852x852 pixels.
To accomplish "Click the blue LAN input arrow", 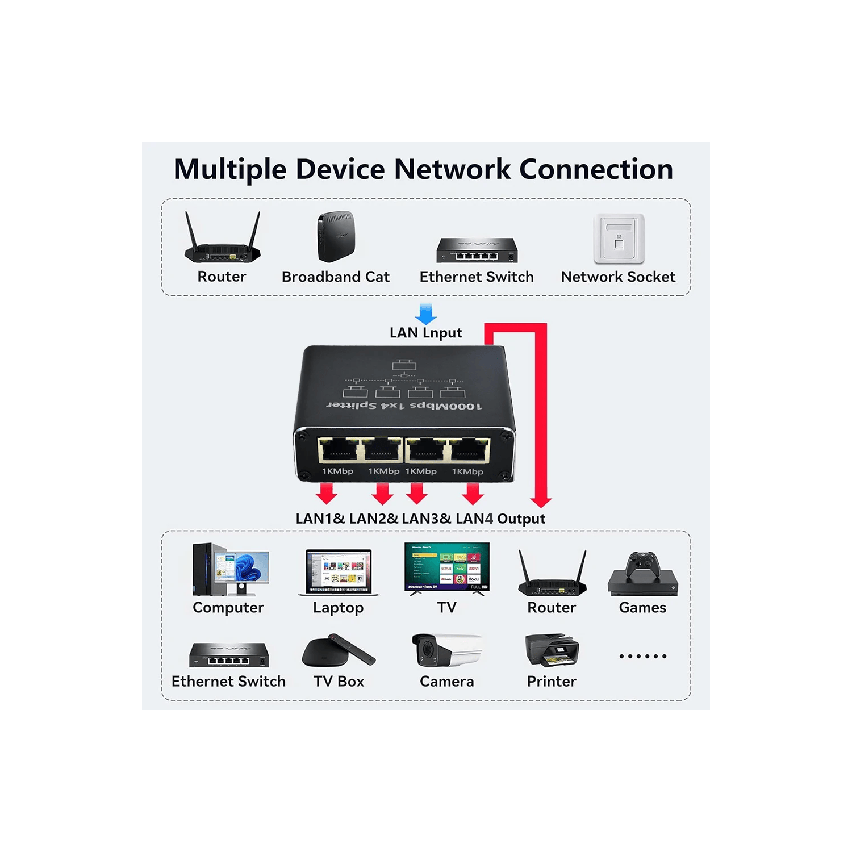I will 426,313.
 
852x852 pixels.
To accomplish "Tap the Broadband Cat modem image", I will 336,236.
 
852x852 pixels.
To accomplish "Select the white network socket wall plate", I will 619,239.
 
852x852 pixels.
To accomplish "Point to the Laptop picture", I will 339,572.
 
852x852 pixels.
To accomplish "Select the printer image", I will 552,650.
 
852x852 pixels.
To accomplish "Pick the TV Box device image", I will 338,650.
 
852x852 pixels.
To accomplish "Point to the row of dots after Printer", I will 642,656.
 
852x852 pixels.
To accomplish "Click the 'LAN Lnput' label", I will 425,333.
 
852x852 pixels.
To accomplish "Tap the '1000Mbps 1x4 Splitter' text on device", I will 404,406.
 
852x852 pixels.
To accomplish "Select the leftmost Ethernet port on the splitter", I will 339,450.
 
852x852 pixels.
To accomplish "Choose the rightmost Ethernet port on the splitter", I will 469,450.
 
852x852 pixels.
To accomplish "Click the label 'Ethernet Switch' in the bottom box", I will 228,682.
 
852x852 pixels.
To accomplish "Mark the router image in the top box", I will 223,239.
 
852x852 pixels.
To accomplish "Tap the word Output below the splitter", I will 521,519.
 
